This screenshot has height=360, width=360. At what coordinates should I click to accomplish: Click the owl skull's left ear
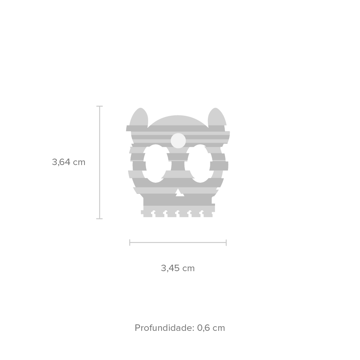click(x=139, y=117)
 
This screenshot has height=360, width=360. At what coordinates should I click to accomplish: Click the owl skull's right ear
click(x=217, y=117)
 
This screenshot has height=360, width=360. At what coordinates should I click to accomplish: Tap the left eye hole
click(x=156, y=163)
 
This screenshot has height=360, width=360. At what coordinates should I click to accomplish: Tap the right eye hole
click(x=200, y=163)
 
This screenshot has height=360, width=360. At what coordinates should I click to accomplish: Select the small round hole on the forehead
click(x=178, y=141)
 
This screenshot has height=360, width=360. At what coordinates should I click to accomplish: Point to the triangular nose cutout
click(x=179, y=192)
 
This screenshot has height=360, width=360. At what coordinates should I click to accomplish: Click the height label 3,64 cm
click(x=69, y=162)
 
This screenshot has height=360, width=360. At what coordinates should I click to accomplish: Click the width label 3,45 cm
click(x=178, y=268)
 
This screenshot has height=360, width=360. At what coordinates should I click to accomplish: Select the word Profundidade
click(x=164, y=328)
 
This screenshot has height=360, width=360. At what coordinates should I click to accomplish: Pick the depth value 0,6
click(x=204, y=328)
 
